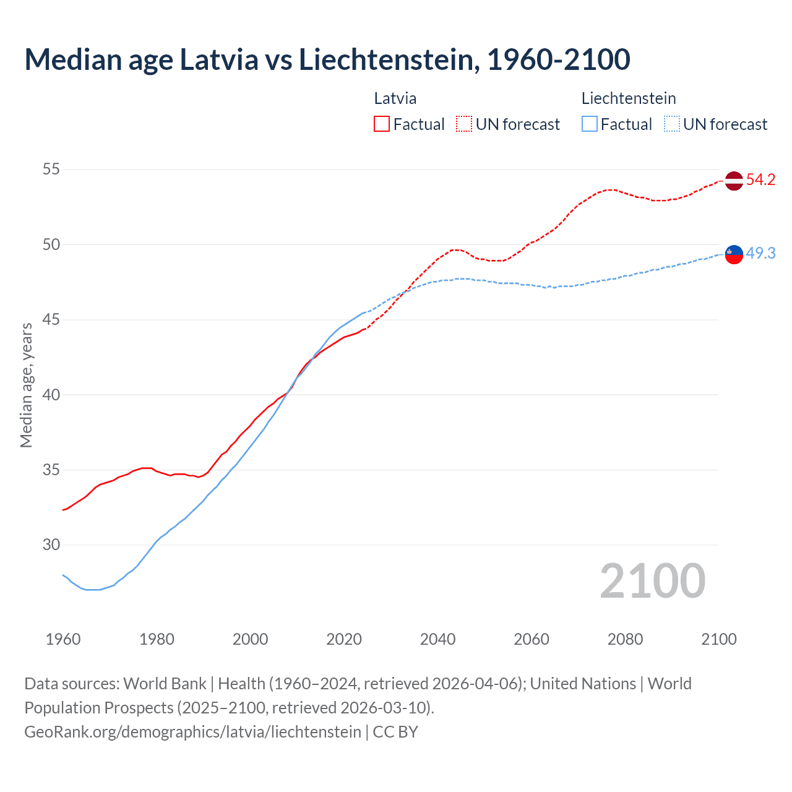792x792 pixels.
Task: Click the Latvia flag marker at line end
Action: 734,181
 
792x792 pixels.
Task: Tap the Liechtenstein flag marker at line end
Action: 734,254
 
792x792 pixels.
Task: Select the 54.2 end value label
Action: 760,180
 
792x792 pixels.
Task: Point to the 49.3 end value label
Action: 760,253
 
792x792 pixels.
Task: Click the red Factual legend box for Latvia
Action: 382,124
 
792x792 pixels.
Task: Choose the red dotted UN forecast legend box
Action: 464,124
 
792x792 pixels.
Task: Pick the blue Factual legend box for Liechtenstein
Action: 590,124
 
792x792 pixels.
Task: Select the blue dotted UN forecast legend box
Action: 672,124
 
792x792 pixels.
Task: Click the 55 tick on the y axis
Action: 51,169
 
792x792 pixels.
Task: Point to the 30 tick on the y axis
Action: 51,544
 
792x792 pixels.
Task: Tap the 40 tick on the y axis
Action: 51,395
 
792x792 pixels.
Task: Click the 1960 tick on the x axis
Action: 63,639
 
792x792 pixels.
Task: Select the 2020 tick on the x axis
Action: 344,639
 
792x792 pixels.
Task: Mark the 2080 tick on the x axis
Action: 625,639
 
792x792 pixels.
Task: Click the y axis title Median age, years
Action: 26,385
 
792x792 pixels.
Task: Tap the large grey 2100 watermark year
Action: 652,581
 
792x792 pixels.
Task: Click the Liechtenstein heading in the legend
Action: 629,98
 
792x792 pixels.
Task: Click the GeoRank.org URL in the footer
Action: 192,731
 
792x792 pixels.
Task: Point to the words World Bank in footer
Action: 165,684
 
